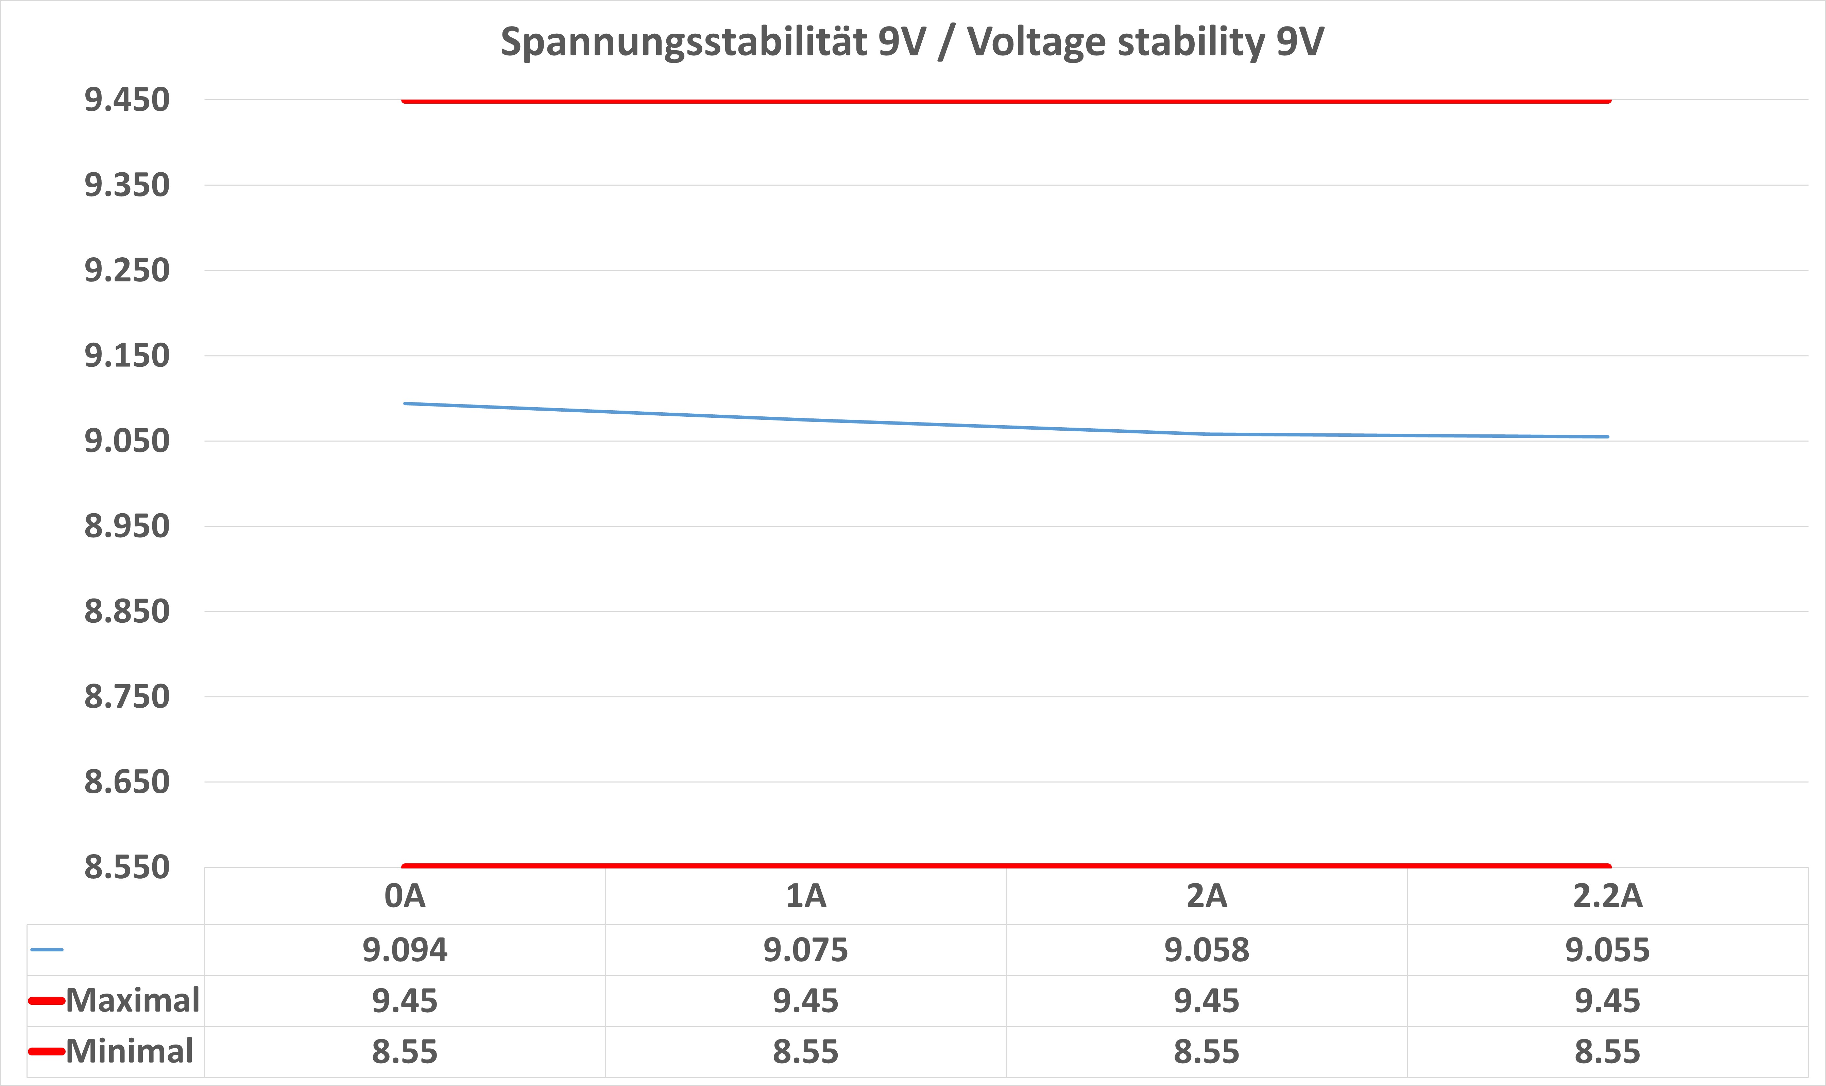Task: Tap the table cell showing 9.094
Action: [x=405, y=950]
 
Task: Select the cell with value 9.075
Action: [x=806, y=950]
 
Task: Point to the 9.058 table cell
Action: [x=1207, y=950]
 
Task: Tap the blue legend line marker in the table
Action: [x=47, y=950]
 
